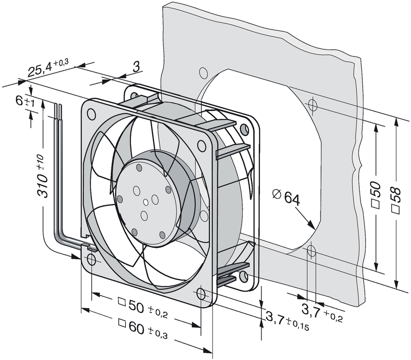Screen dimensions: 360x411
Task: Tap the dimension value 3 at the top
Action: pyautogui.click(x=136, y=66)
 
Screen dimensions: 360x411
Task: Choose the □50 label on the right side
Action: pyautogui.click(x=377, y=197)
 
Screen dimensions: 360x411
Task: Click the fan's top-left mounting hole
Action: pyautogui.click(x=92, y=111)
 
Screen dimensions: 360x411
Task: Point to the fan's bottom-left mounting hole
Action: pyautogui.click(x=91, y=259)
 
